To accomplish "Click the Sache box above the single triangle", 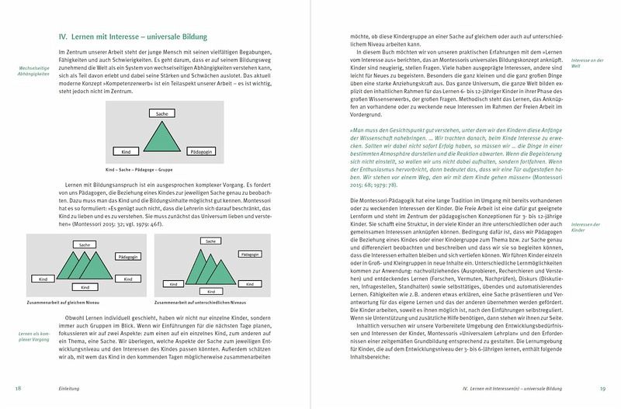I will [x=161, y=114].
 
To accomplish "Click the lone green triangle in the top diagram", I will [x=161, y=139].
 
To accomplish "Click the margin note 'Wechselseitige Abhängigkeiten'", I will [x=36, y=72].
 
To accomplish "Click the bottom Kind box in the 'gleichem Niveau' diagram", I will [x=85, y=286].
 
